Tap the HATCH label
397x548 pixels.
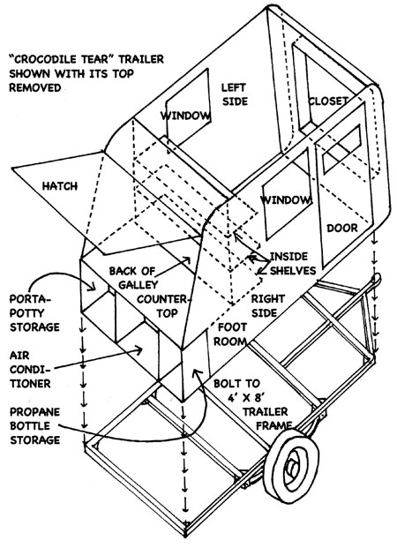(x=60, y=186)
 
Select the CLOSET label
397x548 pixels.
(x=328, y=101)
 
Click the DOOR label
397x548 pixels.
(x=342, y=228)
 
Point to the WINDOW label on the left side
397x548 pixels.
(x=185, y=116)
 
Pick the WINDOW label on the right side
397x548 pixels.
(x=286, y=200)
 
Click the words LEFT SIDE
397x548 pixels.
(x=235, y=94)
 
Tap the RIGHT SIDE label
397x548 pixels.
(x=267, y=305)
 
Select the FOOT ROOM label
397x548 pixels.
(x=230, y=334)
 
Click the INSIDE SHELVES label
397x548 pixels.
(x=293, y=264)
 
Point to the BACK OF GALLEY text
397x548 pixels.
(x=133, y=277)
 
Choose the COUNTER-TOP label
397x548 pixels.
(x=162, y=306)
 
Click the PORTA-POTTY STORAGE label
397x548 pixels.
(x=34, y=313)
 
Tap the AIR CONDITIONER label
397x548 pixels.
(x=30, y=370)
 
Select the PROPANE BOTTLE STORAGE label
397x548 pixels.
(x=34, y=425)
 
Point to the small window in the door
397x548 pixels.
(x=341, y=149)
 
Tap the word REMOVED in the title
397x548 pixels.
(x=35, y=87)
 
